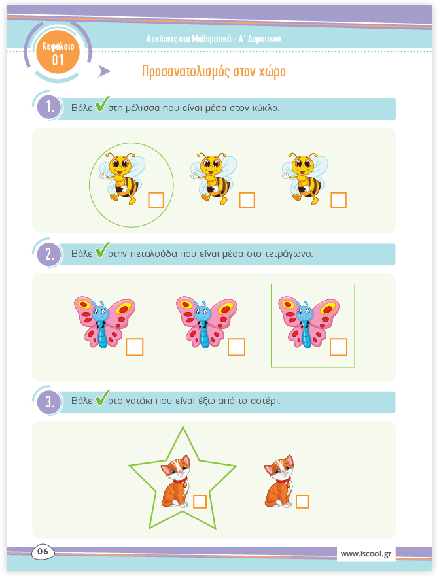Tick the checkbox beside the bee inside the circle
[x=156, y=200]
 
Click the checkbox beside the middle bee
[x=247, y=200]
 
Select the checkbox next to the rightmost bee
[x=339, y=200]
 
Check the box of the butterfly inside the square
[x=339, y=347]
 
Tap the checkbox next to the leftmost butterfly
[x=135, y=347]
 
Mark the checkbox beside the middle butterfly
[x=236, y=347]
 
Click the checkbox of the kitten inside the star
[x=200, y=502]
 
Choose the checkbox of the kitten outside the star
[x=303, y=502]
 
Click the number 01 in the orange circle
[x=58, y=60]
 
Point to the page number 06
[x=43, y=551]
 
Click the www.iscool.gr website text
[x=366, y=554]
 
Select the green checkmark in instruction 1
[x=102, y=105]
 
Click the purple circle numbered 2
[x=49, y=254]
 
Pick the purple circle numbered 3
[x=49, y=402]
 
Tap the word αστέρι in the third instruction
[x=266, y=401]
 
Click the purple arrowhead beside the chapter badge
[x=104, y=71]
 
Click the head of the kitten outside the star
[x=279, y=467]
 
